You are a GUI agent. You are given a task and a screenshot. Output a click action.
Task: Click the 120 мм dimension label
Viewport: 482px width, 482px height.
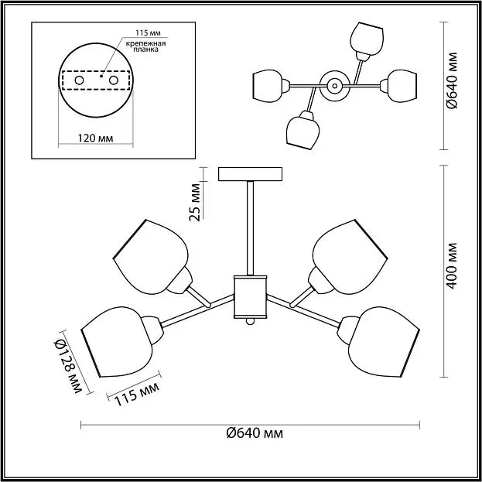pyautogui.click(x=95, y=138)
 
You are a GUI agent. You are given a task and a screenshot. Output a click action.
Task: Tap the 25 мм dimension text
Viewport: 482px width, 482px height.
pyautogui.click(x=195, y=202)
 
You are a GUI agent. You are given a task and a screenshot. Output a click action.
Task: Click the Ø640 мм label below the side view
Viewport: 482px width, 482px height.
pyautogui.click(x=255, y=433)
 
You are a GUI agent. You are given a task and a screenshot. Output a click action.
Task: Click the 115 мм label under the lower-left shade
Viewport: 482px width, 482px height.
pyautogui.click(x=137, y=395)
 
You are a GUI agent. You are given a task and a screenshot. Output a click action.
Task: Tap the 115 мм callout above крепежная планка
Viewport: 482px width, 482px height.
pyautogui.click(x=149, y=32)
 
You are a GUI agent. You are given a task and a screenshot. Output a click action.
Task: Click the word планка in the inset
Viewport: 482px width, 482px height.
pyautogui.click(x=146, y=50)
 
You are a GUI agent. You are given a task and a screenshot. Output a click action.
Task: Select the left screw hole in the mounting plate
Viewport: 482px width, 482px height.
pyautogui.click(x=80, y=80)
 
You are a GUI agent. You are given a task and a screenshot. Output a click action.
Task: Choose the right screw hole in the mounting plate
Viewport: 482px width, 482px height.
pyautogui.click(x=114, y=80)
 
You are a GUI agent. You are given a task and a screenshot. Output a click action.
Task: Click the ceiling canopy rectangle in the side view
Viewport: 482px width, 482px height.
pyautogui.click(x=250, y=174)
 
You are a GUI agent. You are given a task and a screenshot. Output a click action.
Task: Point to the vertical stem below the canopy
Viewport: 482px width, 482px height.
pyautogui.click(x=250, y=227)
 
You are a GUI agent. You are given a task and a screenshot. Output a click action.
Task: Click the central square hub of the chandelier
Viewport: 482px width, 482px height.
pyautogui.click(x=250, y=296)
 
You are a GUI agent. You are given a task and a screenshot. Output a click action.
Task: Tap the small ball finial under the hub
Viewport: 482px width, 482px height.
pyautogui.click(x=250, y=322)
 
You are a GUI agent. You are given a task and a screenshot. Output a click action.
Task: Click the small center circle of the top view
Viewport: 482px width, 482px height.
pyautogui.click(x=334, y=86)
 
